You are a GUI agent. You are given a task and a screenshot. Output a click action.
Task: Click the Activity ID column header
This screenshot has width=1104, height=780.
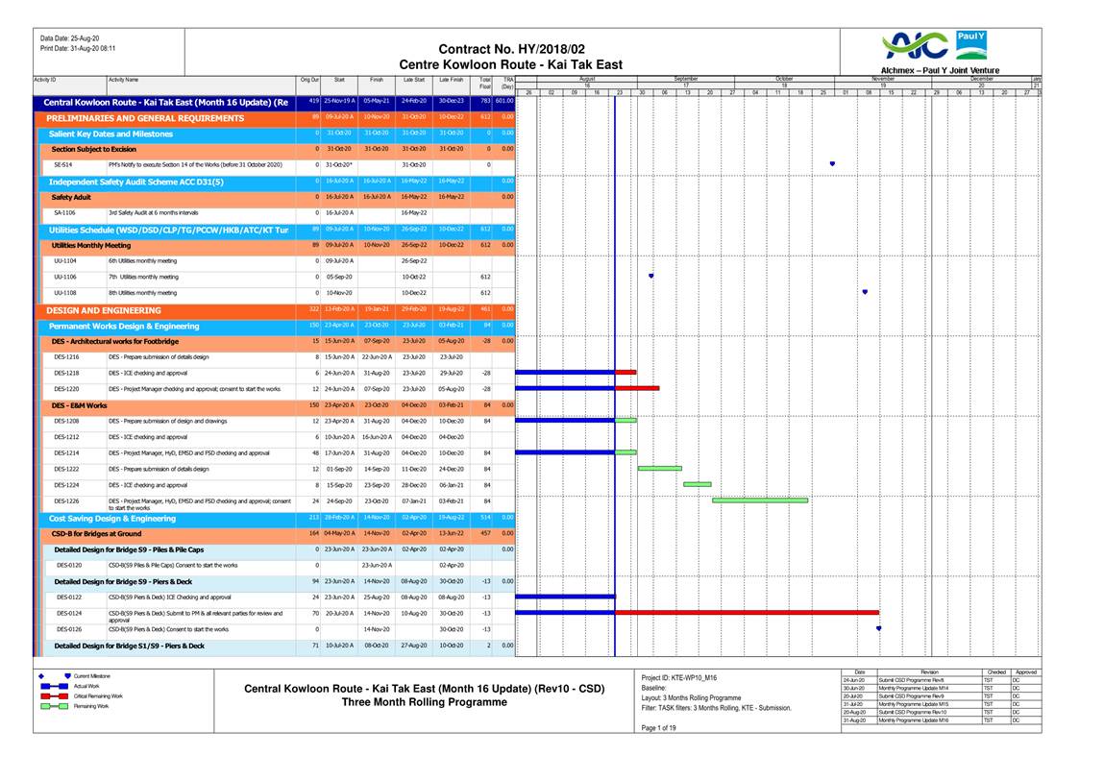(x=45, y=80)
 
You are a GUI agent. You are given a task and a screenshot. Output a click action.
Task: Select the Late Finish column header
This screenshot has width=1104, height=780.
(x=452, y=81)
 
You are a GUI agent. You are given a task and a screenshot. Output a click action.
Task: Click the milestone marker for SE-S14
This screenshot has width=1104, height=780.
(x=832, y=164)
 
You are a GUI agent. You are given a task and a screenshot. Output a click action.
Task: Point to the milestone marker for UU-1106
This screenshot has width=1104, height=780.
(x=651, y=276)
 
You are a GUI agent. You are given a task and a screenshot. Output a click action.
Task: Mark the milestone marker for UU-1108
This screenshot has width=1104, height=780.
(x=866, y=292)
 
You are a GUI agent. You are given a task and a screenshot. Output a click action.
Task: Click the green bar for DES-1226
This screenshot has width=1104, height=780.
(x=760, y=500)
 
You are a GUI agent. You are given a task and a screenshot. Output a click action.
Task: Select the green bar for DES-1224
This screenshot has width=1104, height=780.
(x=698, y=484)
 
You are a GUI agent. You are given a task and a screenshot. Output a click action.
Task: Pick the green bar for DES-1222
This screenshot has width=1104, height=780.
(x=659, y=469)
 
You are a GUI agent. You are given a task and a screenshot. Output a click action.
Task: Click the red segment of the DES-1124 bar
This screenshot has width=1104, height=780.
(x=747, y=612)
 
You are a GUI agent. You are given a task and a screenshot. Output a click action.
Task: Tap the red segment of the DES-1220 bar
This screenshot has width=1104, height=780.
(x=637, y=388)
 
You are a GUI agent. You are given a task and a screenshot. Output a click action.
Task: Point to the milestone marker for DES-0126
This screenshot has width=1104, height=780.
(x=879, y=628)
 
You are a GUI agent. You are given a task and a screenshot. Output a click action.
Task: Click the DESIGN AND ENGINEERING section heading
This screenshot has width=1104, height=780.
(x=104, y=310)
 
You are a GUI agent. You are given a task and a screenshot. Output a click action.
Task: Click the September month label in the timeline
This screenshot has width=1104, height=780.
(x=686, y=79)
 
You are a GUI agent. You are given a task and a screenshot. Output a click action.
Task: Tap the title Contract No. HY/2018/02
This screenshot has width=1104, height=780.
(x=511, y=49)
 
